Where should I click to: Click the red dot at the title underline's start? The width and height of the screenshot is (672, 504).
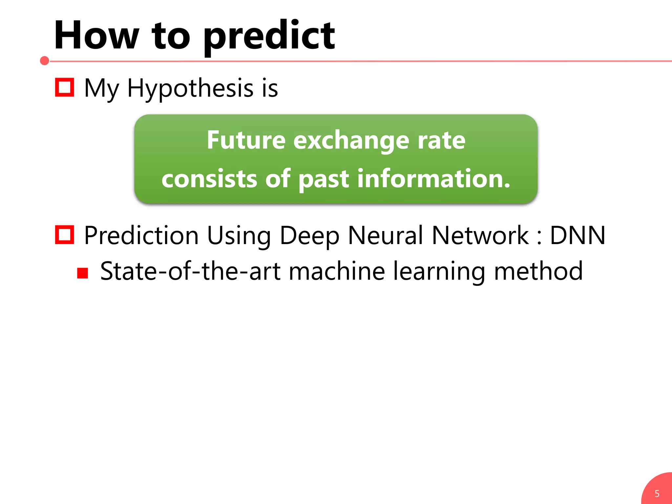pyautogui.click(x=44, y=61)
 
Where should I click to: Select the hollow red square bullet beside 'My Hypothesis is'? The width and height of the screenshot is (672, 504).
pyautogui.click(x=64, y=87)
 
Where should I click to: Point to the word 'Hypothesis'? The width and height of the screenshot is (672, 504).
pyautogui.click(x=190, y=89)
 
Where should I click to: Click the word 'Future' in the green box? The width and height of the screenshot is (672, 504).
pyautogui.click(x=246, y=140)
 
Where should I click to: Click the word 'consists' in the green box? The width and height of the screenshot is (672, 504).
pyautogui.click(x=209, y=179)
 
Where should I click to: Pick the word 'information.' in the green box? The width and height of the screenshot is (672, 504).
pyautogui.click(x=434, y=179)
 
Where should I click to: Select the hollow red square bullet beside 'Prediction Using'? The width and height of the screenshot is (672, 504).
pyautogui.click(x=64, y=235)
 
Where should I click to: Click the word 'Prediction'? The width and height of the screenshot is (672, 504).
pyautogui.click(x=141, y=236)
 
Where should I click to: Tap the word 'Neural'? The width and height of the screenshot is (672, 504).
pyautogui.click(x=386, y=236)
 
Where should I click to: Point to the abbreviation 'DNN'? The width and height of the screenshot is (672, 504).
pyautogui.click(x=577, y=236)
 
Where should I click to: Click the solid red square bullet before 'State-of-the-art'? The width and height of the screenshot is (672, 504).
pyautogui.click(x=83, y=273)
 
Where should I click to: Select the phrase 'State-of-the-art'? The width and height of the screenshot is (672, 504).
pyautogui.click(x=190, y=272)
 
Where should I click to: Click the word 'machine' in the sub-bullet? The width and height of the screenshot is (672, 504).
pyautogui.click(x=337, y=272)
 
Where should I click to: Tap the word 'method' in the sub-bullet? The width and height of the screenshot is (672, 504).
pyautogui.click(x=538, y=272)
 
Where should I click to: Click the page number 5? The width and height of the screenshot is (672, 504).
pyautogui.click(x=657, y=493)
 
